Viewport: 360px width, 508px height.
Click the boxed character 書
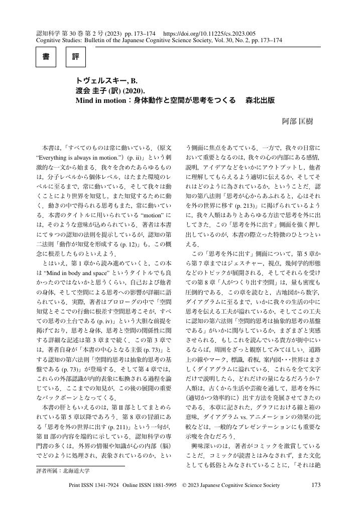(46, 57)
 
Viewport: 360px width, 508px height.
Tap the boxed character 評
(75, 57)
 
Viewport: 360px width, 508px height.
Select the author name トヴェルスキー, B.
(106, 81)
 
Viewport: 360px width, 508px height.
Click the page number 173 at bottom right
(316, 485)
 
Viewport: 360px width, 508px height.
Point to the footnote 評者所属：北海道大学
(63, 471)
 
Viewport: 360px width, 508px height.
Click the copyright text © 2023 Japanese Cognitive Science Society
(231, 485)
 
